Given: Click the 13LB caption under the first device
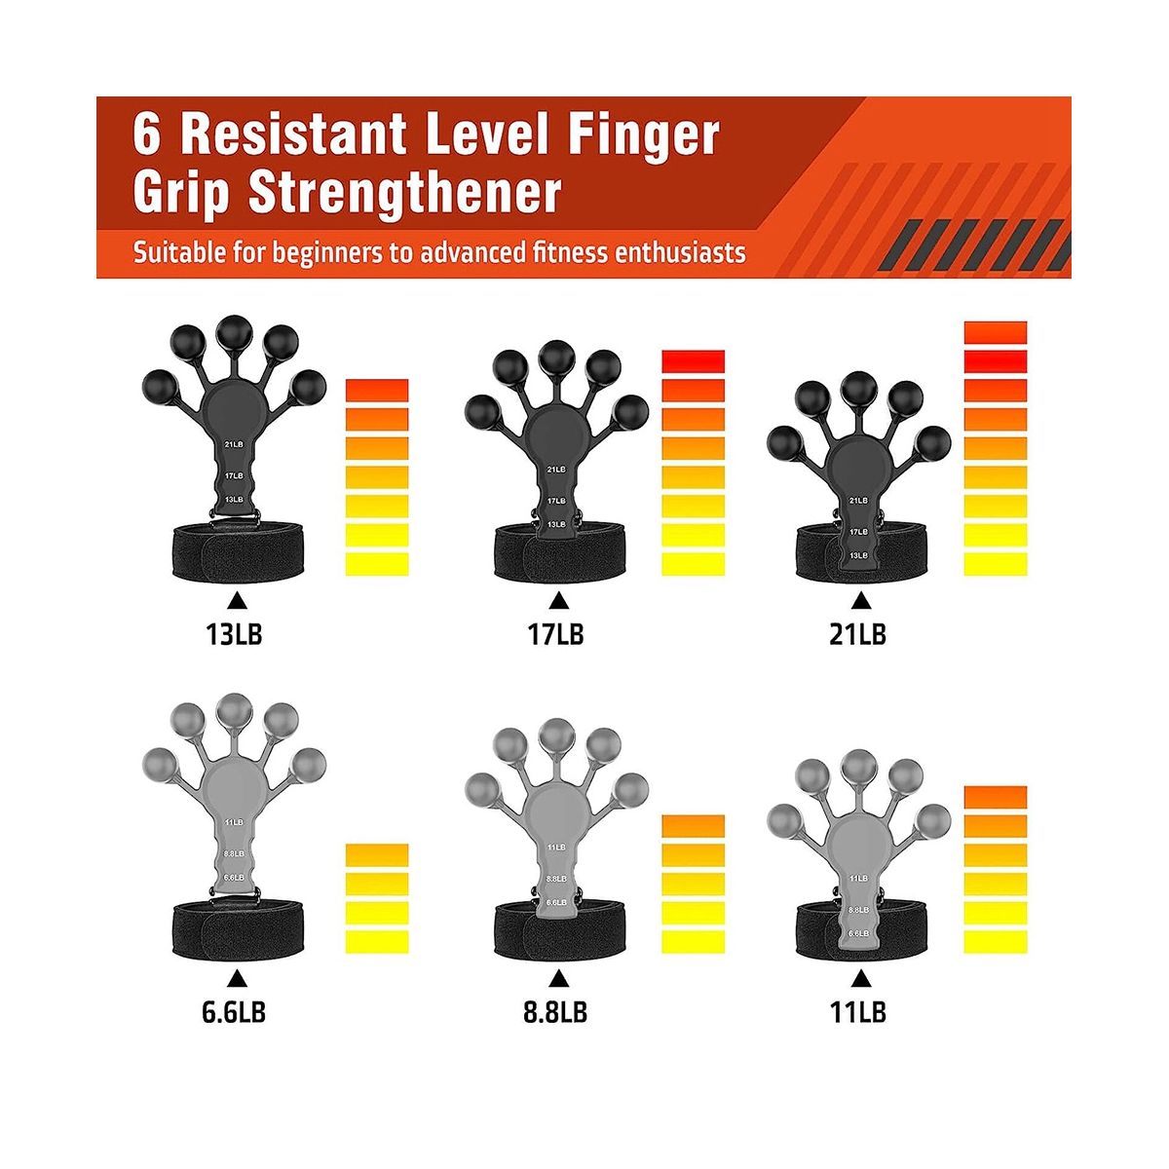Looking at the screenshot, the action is tap(234, 634).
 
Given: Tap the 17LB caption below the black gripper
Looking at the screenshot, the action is tap(555, 634).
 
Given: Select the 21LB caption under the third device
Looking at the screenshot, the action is tap(858, 634).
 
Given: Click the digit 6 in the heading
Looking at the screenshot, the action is tap(147, 134).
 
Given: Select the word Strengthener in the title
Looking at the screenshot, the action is tap(404, 194).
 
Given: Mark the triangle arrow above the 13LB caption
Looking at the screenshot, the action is tap(237, 601).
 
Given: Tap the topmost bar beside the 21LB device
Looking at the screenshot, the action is tap(995, 332).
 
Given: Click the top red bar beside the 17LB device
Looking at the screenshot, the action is tap(693, 361).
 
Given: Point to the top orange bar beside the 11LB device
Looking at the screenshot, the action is tap(995, 797).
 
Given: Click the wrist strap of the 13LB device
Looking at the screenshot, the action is tap(238, 553).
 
